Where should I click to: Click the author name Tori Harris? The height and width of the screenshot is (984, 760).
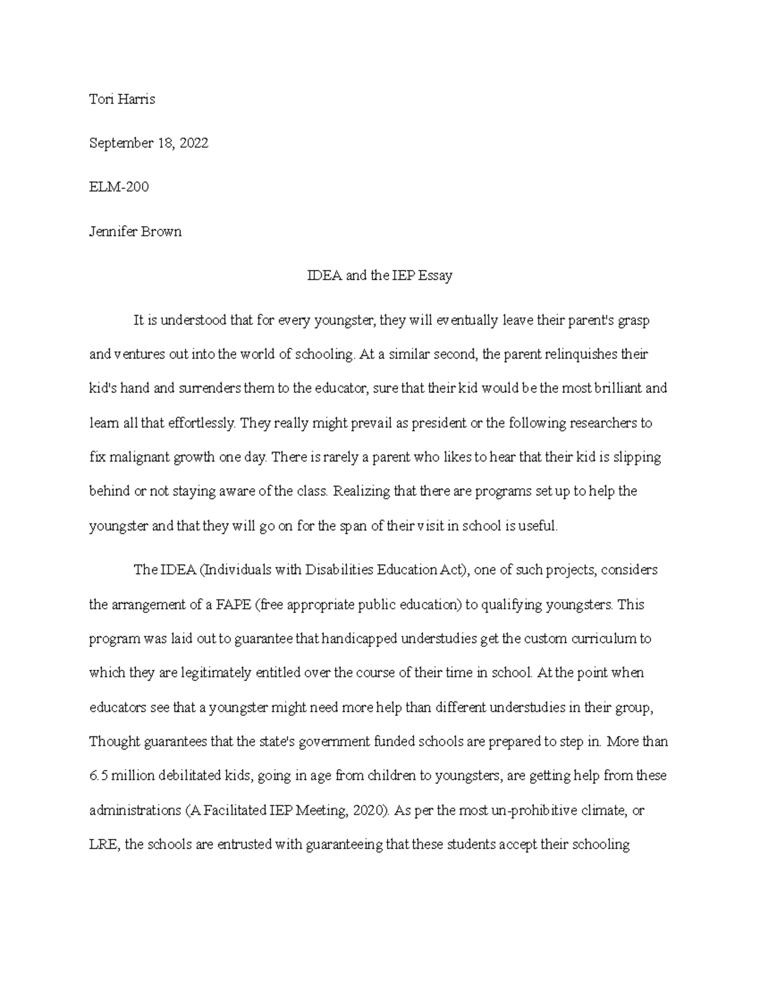(x=122, y=99)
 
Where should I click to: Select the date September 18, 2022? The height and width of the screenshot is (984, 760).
(x=149, y=143)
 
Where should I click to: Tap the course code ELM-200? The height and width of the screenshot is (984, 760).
(x=119, y=187)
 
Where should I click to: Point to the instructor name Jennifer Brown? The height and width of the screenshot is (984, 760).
(x=136, y=231)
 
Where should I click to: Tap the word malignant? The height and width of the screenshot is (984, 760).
(x=141, y=457)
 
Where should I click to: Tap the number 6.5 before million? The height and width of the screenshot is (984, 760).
(x=98, y=776)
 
